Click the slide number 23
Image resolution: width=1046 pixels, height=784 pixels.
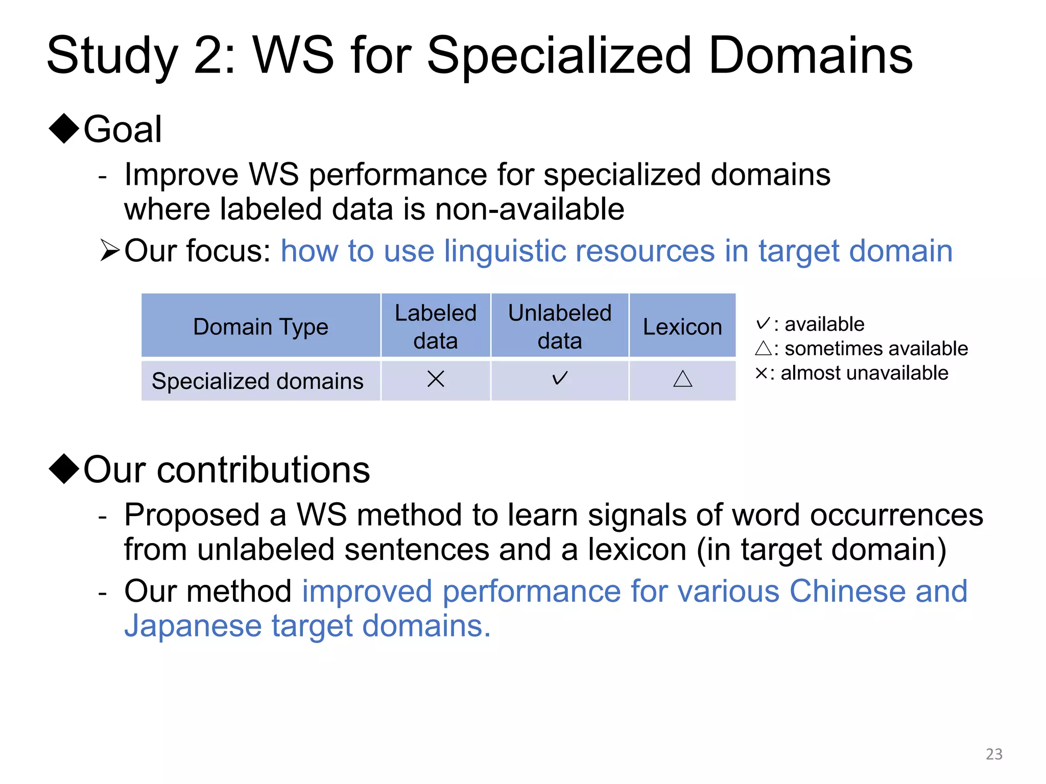pos(993,754)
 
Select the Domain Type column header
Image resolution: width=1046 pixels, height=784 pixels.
pos(260,327)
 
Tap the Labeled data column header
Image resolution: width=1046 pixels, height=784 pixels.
pos(436,327)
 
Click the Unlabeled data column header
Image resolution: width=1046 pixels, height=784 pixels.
pos(560,327)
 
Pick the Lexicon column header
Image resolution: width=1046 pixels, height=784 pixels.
pos(682,327)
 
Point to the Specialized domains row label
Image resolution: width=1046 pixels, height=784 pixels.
pos(257,381)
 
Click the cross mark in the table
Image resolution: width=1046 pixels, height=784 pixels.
pos(436,379)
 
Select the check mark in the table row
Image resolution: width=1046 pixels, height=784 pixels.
pos(560,378)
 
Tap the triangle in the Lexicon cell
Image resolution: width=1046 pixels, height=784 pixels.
pos(683,379)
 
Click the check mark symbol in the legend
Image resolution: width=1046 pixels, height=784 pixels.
pos(763,323)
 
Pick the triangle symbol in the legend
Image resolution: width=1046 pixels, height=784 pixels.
pos(763,348)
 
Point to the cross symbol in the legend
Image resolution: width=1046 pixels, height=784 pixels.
pos(761,373)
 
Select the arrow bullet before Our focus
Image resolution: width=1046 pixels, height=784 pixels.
pos(110,251)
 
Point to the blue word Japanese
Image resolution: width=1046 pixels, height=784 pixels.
pos(193,626)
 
